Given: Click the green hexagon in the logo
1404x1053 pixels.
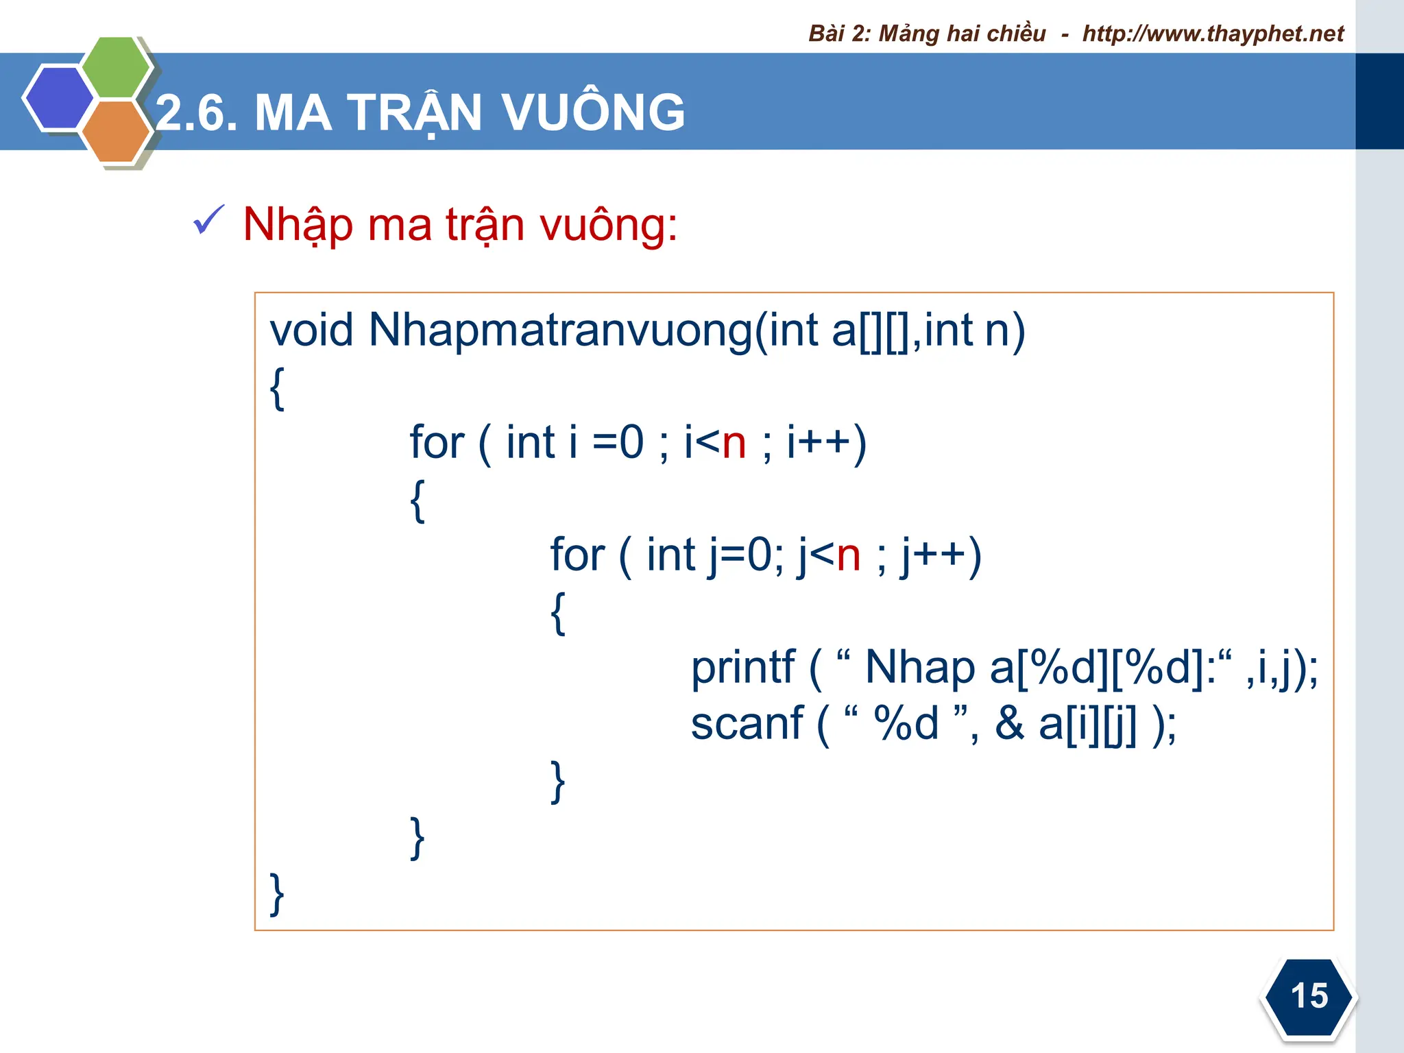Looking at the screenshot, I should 116,66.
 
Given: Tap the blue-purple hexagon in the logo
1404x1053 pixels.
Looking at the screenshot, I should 58,97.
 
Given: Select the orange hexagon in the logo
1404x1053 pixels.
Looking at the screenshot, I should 116,131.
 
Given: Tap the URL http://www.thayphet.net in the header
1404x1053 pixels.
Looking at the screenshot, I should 1213,34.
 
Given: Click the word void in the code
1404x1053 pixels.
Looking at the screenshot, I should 311,330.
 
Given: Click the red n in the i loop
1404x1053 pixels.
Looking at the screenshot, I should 734,443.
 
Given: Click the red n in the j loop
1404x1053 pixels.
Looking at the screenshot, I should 849,555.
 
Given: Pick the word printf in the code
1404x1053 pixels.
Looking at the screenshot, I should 742,668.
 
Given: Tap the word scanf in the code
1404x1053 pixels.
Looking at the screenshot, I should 747,724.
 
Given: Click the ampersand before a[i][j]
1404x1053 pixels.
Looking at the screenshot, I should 1009,724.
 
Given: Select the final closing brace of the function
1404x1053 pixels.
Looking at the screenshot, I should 276,894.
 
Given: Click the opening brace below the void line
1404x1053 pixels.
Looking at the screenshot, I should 277,388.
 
